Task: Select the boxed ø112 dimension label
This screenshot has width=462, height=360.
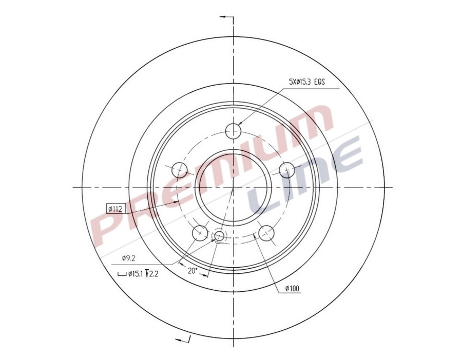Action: (x=115, y=208)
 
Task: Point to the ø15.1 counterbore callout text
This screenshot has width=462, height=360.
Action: (x=135, y=274)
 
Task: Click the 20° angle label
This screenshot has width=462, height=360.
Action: (x=192, y=270)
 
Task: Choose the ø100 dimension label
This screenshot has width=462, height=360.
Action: (x=292, y=289)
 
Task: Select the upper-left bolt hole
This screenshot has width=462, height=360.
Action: (x=179, y=169)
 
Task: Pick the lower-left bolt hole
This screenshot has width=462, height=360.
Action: (x=200, y=233)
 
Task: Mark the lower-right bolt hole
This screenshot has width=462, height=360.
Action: (x=266, y=233)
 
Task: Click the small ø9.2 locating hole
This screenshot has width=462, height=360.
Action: (x=219, y=236)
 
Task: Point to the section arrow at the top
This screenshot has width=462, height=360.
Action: (x=225, y=17)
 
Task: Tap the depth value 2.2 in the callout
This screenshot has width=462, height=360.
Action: (x=152, y=274)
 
